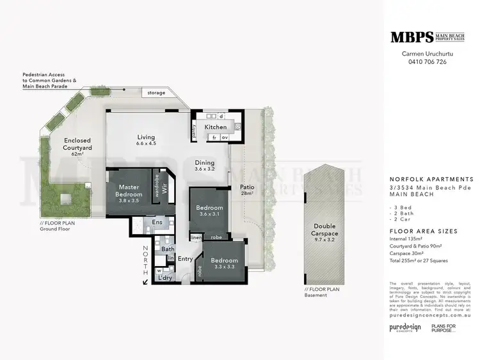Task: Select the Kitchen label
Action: click(215, 127)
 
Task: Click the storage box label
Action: click(157, 93)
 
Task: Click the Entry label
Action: click(185, 259)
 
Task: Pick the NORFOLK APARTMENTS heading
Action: click(431, 179)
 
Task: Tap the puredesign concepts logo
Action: click(406, 327)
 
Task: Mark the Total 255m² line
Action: click(420, 261)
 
